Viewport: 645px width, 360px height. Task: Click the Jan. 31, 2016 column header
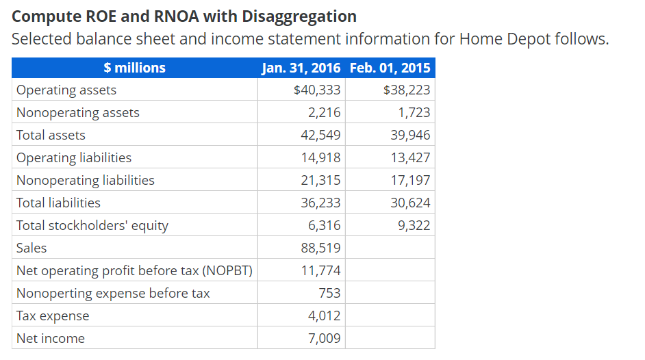coord(301,68)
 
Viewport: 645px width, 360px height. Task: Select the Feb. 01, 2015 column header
coord(390,68)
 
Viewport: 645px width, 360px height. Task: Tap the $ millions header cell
coord(135,68)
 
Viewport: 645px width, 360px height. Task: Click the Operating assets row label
coord(66,90)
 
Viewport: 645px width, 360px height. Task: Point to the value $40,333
coord(316,90)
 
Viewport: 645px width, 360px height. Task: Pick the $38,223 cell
coord(407,90)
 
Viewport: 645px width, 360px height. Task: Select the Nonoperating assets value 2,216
coord(325,113)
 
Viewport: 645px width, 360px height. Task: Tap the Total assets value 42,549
coord(321,136)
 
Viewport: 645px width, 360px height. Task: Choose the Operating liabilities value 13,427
coord(411,158)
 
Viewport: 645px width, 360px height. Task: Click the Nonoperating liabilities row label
coord(86,181)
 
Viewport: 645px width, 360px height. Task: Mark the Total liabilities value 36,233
coord(321,203)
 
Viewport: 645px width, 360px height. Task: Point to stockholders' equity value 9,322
coord(414,226)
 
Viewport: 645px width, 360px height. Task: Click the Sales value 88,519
coord(321,248)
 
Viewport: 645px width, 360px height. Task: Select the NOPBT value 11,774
coord(321,270)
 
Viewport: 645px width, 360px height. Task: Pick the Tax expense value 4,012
coord(325,316)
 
